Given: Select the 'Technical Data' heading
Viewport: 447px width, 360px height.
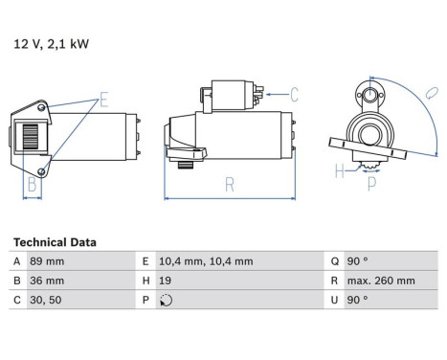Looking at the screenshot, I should (55, 243).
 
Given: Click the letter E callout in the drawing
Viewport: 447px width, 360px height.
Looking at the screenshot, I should (103, 97).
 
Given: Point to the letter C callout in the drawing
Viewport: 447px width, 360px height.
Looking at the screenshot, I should (294, 94).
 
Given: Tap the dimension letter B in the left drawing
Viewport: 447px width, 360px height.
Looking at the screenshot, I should (33, 184).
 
